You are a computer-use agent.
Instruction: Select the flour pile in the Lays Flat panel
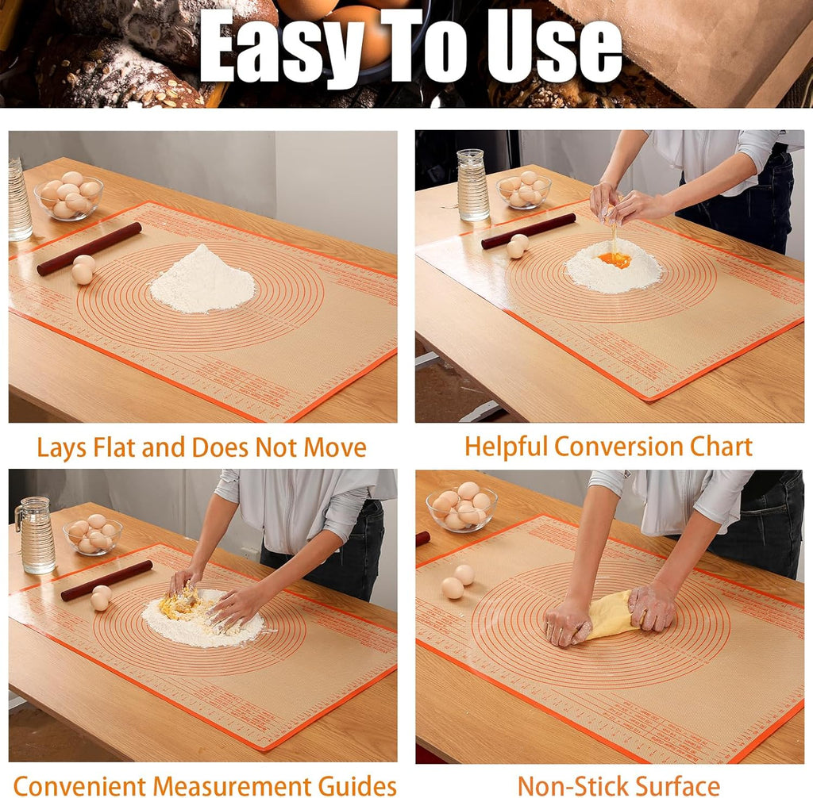point(202,282)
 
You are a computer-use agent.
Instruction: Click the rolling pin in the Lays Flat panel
point(89,248)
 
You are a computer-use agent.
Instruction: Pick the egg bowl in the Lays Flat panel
point(69,196)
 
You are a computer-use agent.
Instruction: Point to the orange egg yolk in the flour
point(615,259)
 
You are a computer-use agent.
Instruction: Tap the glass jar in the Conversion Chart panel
point(473,185)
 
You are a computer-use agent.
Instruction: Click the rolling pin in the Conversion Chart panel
point(528,230)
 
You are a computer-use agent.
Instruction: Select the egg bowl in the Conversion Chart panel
point(523,190)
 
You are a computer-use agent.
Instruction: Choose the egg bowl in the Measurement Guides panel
point(93,535)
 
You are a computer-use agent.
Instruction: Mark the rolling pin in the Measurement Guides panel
point(106,580)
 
